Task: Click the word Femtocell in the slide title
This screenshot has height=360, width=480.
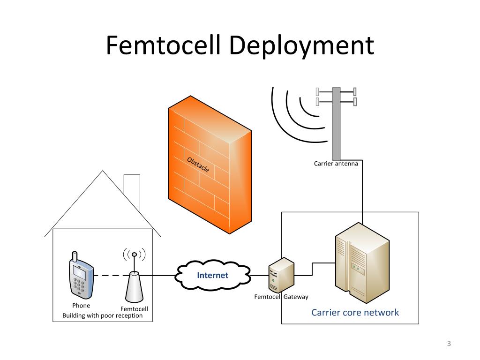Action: pos(163,45)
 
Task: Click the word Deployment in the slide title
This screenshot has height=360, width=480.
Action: pos(301,46)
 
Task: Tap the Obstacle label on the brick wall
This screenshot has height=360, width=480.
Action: pos(198,165)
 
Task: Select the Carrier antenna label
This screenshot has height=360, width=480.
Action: pos(336,164)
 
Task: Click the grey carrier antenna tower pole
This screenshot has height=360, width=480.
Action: pos(337,124)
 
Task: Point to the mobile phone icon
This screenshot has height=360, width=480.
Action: pos(81,276)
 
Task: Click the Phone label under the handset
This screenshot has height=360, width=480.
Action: pos(81,306)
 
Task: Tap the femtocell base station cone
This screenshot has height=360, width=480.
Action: pos(134,287)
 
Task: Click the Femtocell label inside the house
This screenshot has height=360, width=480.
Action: pos(134,309)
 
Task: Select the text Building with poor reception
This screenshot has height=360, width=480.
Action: pos(103,315)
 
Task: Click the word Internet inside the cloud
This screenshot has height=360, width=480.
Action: pos(212,275)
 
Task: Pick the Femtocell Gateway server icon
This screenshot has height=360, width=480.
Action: pos(281,275)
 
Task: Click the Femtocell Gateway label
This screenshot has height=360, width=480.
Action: pos(281,297)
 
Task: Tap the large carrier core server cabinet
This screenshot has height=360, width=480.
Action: pos(362,262)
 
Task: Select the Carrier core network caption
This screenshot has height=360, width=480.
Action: pos(355,313)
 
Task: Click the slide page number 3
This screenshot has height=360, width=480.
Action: pos(449,344)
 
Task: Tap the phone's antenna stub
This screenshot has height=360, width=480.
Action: pos(75,256)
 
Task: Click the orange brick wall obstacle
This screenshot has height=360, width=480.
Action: pos(210,165)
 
